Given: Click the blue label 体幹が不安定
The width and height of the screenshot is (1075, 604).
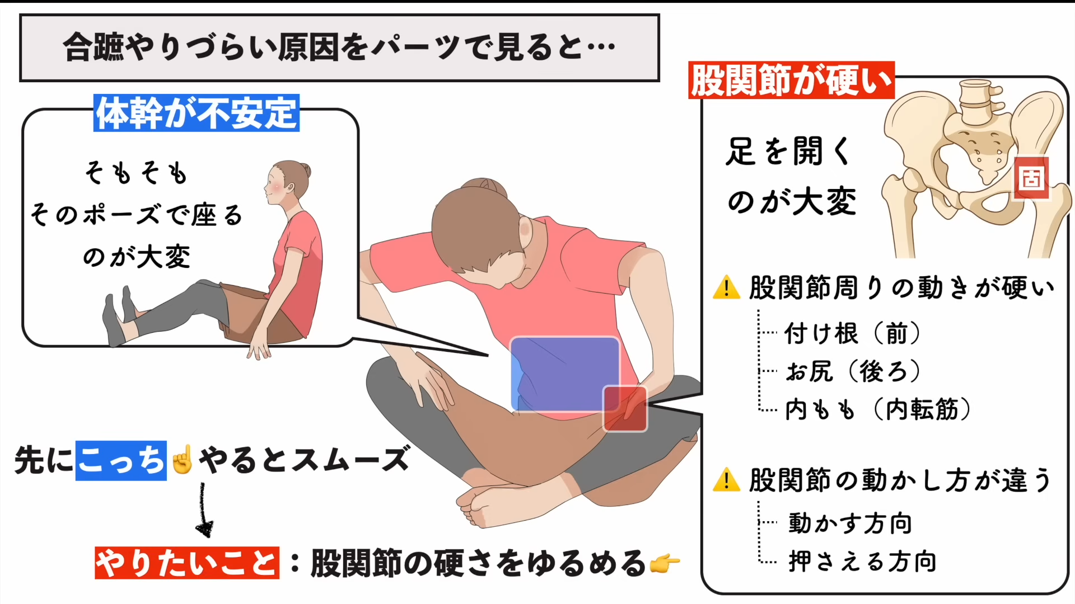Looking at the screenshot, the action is tap(197, 113).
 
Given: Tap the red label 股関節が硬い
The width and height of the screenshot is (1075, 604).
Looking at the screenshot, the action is tap(791, 81).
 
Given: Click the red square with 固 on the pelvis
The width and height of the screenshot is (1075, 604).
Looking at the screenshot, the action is tap(1031, 178).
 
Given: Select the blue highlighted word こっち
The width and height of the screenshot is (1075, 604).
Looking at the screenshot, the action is tap(121, 461).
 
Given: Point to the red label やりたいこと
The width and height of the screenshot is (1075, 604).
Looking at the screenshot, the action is tap(187, 563).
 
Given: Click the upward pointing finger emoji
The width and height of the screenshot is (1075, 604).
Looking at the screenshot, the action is tap(183, 460).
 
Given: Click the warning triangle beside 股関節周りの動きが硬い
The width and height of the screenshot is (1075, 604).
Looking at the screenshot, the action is tap(727, 287).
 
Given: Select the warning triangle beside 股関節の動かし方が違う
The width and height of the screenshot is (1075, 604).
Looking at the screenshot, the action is tap(727, 480).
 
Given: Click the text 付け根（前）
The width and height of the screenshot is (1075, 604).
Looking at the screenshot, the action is tap(852, 334).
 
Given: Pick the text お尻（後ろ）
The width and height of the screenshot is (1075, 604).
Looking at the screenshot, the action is tap(852, 371).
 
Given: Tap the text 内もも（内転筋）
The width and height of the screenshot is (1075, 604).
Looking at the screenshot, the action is tap(878, 409).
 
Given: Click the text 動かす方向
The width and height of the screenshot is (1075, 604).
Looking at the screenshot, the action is tap(850, 523).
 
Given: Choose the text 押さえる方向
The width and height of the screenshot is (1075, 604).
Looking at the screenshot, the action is tap(862, 561).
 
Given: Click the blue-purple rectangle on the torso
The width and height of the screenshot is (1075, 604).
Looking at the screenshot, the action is tap(564, 374).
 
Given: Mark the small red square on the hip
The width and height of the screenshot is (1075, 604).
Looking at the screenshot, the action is tap(625, 409).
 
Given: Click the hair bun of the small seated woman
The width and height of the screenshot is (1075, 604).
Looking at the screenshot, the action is tap(305, 170).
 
